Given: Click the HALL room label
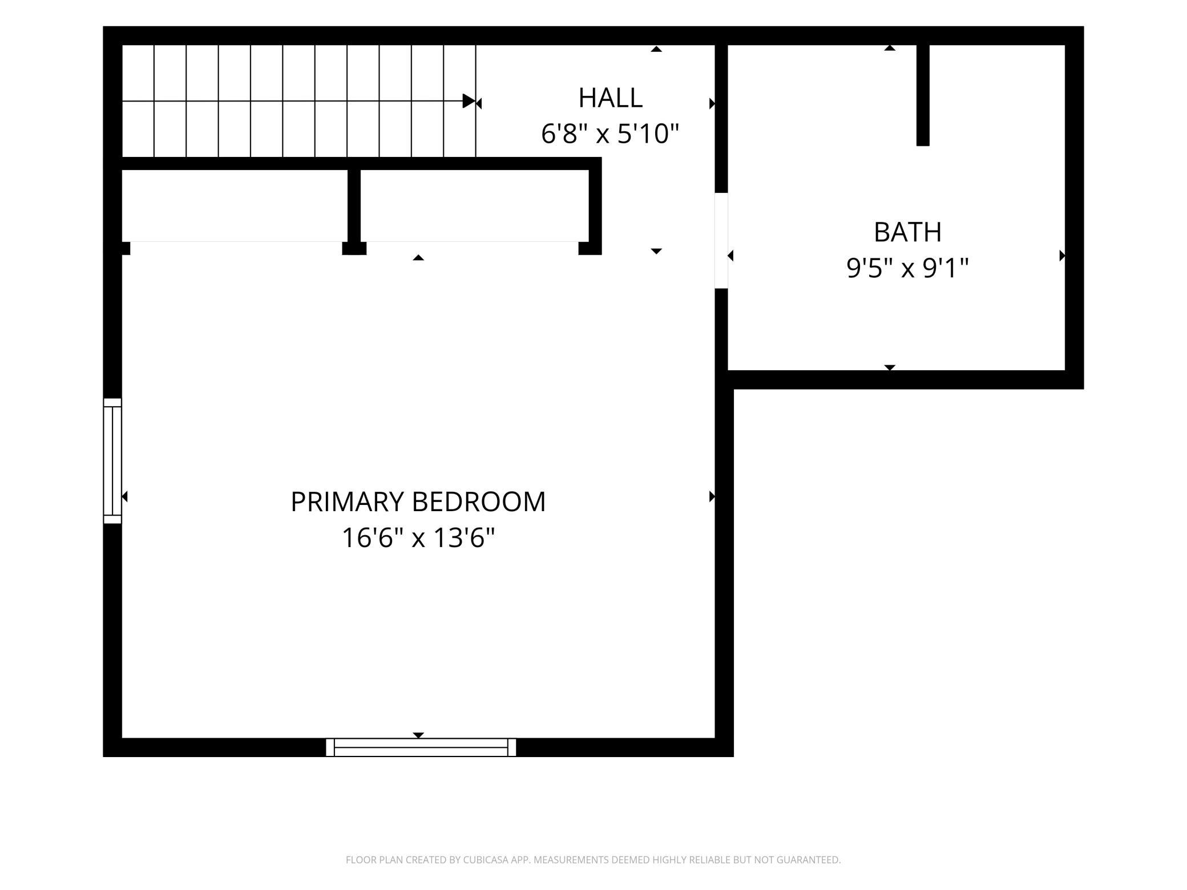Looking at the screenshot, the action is pyautogui.click(x=610, y=98).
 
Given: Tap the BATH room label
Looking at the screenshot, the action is pyautogui.click(x=907, y=232).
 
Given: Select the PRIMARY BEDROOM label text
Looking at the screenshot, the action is pyautogui.click(x=418, y=502).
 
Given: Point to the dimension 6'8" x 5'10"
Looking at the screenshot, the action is pyautogui.click(x=610, y=134).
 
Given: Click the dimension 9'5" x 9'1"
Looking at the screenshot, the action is pyautogui.click(x=907, y=268).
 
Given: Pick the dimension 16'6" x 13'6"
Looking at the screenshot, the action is pyautogui.click(x=418, y=537).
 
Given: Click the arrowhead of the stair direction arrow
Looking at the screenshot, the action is pyautogui.click(x=469, y=101).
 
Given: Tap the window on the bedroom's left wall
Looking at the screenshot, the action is pyautogui.click(x=112, y=461).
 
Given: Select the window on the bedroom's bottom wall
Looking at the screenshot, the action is pyautogui.click(x=421, y=747).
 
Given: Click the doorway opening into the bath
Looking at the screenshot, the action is pyautogui.click(x=721, y=241).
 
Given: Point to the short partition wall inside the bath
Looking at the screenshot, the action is pyautogui.click(x=923, y=95).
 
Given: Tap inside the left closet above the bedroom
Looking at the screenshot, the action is pyautogui.click(x=235, y=205).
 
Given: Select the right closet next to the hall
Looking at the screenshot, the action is pyautogui.click(x=474, y=205).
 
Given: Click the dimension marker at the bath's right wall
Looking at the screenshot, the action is pyautogui.click(x=1062, y=256).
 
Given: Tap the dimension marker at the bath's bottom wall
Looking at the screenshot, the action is pyautogui.click(x=890, y=367).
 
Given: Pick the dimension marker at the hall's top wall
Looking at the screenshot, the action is pyautogui.click(x=656, y=49).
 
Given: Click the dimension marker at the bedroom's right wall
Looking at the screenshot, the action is pyautogui.click(x=712, y=496).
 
